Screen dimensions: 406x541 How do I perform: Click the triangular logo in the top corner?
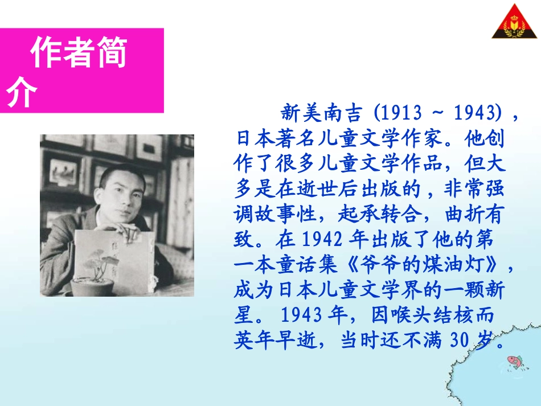coord(514,23)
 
